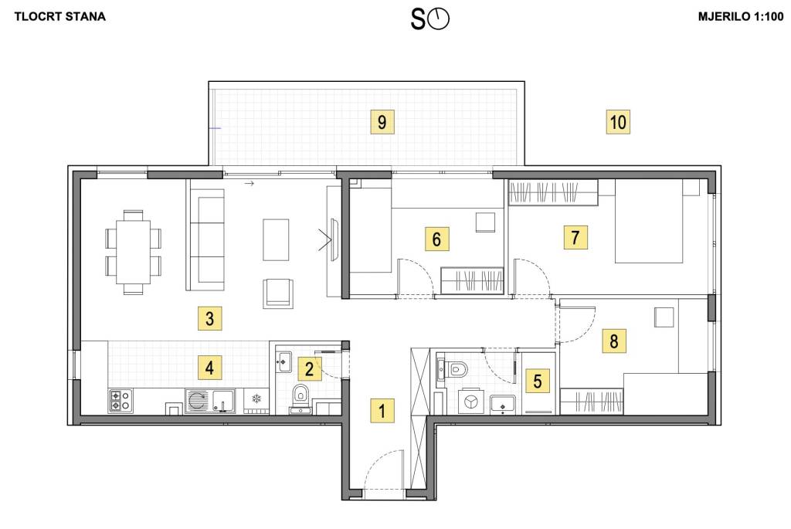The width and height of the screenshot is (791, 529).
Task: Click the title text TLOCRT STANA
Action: coord(60,17)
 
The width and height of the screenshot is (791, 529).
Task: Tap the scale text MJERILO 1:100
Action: coord(741,17)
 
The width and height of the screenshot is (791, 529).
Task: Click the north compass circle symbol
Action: coord(439,19)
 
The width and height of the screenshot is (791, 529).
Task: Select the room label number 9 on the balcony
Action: coord(382,121)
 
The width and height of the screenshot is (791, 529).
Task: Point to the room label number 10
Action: coord(618,121)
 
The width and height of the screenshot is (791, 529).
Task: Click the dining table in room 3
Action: coord(133,253)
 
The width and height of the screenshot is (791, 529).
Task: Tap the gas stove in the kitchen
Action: coord(121,401)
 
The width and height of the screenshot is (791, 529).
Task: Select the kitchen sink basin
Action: coord(223,401)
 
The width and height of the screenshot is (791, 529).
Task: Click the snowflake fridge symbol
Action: coord(256,399)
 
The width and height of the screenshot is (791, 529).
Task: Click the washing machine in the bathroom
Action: coord(471,402)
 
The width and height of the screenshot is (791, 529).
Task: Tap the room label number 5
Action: coord(538,380)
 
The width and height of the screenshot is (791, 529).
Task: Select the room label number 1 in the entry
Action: coord(382,411)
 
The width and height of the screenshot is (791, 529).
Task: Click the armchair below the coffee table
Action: coord(277,293)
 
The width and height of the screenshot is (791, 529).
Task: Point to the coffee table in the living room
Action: coord(276,239)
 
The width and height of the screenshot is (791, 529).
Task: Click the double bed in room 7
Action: coord(649,221)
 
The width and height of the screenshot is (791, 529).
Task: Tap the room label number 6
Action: coord(436,239)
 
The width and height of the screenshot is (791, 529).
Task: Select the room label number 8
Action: coord(614,341)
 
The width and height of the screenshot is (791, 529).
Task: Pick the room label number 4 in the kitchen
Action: coord(209,367)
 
